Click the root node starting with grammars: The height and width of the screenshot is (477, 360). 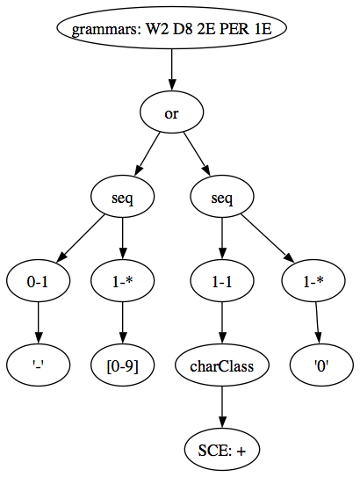(172, 28)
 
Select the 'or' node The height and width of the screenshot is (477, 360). (172, 112)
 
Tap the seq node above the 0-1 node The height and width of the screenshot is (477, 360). (123, 197)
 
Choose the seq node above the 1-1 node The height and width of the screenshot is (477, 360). (222, 197)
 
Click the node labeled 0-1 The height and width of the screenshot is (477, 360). (38, 281)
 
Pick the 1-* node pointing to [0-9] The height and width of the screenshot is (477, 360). (123, 281)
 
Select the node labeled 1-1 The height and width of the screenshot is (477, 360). (222, 281)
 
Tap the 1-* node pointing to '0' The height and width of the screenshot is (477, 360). (313, 281)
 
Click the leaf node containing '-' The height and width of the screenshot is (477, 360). (38, 365)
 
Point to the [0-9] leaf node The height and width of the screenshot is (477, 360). (123, 365)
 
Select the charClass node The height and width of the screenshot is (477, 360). (222, 365)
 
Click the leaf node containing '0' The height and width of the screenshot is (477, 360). (321, 365)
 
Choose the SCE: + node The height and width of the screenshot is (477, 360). (222, 450)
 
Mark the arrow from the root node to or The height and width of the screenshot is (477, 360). (172, 69)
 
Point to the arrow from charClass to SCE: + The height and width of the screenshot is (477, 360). (222, 408)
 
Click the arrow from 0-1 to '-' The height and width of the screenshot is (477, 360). (38, 323)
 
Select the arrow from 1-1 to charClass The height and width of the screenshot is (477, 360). (222, 323)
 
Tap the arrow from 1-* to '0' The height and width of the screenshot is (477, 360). (318, 323)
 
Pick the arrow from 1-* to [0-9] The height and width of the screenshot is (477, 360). (123, 323)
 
